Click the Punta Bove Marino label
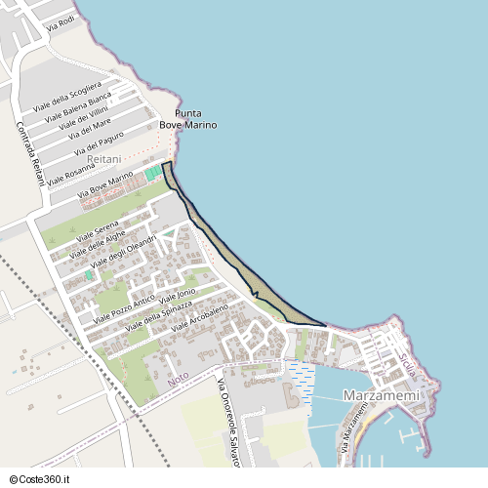pyautogui.click(x=187, y=119)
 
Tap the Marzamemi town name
pyautogui.click(x=382, y=395)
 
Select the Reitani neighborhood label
pyautogui.click(x=104, y=157)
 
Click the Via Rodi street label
pyautogui.click(x=60, y=22)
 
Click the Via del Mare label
pyautogui.click(x=89, y=128)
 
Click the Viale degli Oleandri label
pyautogui.click(x=123, y=252)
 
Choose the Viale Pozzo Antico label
pyautogui.click(x=124, y=309)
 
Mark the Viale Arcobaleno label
pyautogui.click(x=199, y=318)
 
